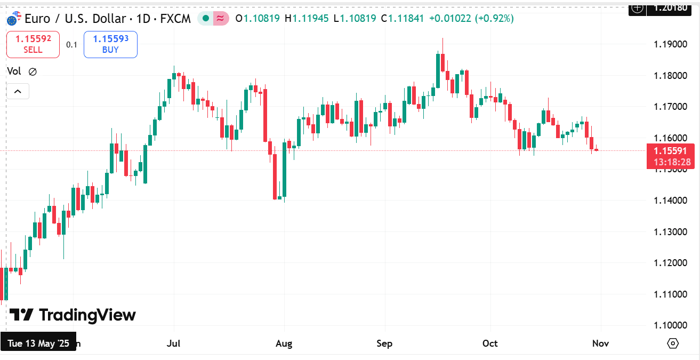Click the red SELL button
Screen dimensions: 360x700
(33, 44)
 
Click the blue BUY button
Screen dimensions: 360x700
(110, 44)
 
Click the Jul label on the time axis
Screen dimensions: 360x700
(173, 343)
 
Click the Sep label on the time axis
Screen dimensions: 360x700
(384, 343)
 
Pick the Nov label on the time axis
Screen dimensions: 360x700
(601, 343)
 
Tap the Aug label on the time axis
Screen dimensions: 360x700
(284, 343)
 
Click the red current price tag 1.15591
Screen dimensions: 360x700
(671, 151)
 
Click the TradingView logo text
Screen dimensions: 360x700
(74, 315)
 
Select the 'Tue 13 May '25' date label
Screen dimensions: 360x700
(39, 343)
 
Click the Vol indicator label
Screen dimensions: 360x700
(14, 71)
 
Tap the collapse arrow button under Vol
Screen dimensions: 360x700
(18, 92)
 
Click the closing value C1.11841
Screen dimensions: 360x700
(403, 19)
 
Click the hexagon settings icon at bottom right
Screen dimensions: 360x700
(673, 343)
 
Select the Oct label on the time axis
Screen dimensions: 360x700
(490, 343)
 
